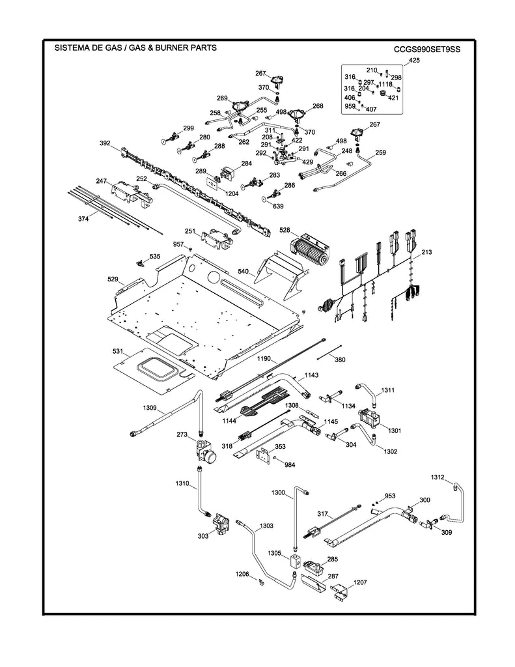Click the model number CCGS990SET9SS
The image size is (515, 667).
[426, 49]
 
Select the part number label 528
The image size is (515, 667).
[285, 231]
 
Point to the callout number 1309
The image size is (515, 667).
[150, 408]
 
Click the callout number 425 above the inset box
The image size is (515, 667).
[414, 61]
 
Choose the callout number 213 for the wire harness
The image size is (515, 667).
[426, 251]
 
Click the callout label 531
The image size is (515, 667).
[118, 351]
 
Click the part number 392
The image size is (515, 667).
[105, 143]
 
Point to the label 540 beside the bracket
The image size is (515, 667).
[242, 270]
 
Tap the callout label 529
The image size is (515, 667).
[113, 279]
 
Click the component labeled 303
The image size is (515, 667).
[221, 523]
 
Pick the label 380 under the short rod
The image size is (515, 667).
[340, 360]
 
